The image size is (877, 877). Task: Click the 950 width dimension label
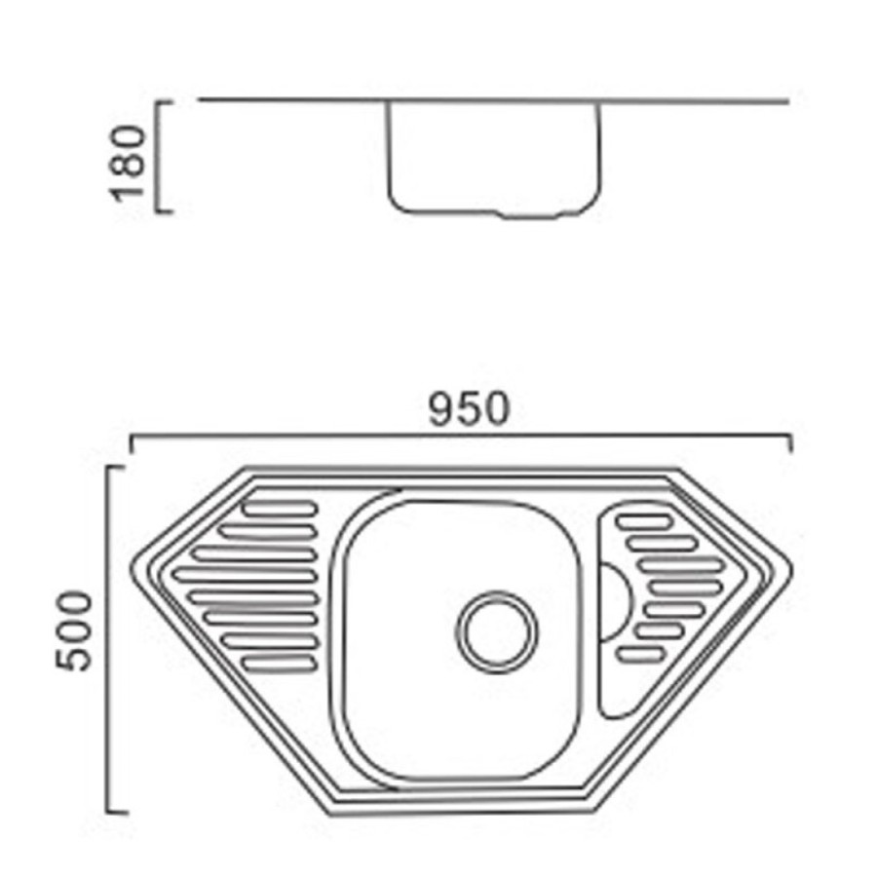click(x=469, y=409)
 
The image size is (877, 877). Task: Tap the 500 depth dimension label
click(x=73, y=630)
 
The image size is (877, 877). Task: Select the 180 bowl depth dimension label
click(x=128, y=163)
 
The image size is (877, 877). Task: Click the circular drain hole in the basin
click(x=497, y=631)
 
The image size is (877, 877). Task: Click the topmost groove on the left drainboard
click(x=281, y=508)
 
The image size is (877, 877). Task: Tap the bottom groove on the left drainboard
click(x=279, y=664)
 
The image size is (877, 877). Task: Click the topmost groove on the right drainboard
click(x=644, y=522)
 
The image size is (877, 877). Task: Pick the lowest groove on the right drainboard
click(x=641, y=654)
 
